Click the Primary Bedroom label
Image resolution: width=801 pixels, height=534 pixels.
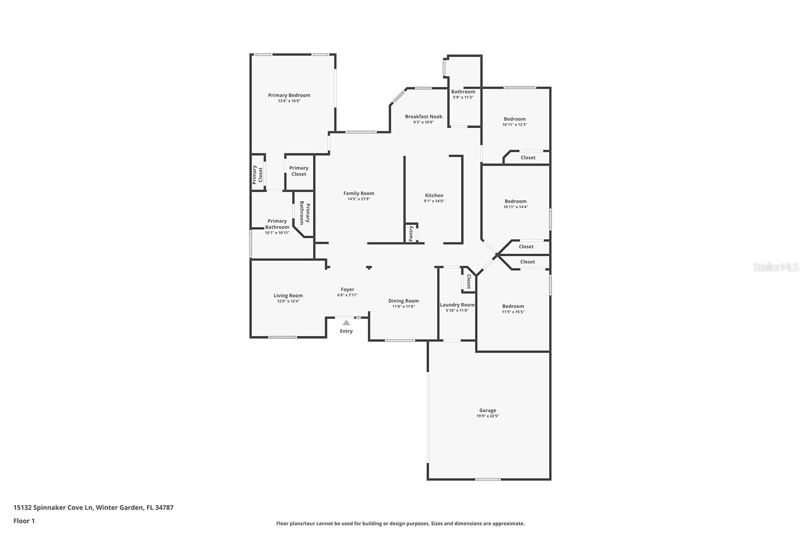pyautogui.click(x=289, y=95)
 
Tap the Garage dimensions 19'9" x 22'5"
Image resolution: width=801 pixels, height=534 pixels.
pyautogui.click(x=488, y=416)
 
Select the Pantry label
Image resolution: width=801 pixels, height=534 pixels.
pyautogui.click(x=411, y=234)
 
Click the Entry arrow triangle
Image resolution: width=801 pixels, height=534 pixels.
pyautogui.click(x=346, y=323)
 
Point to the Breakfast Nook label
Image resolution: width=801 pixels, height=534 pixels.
pyautogui.click(x=424, y=117)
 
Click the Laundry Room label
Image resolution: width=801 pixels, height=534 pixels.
pyautogui.click(x=457, y=305)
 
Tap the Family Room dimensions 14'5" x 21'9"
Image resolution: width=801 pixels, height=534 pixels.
pyautogui.click(x=358, y=199)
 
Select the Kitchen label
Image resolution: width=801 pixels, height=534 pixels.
pyautogui.click(x=434, y=195)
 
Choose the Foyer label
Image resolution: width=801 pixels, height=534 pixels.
pyautogui.click(x=347, y=289)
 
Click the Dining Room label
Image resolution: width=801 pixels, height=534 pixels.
pyautogui.click(x=404, y=301)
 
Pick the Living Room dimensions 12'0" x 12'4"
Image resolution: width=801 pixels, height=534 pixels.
pyautogui.click(x=288, y=301)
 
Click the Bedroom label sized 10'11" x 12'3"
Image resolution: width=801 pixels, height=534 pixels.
pyautogui.click(x=515, y=119)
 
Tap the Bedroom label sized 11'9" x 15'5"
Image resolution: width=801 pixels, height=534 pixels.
pyautogui.click(x=513, y=306)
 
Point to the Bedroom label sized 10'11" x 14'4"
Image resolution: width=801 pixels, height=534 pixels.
pyautogui.click(x=516, y=201)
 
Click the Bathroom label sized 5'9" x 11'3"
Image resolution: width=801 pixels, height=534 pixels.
pyautogui.click(x=463, y=92)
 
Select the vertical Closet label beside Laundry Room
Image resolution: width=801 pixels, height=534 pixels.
pyautogui.click(x=469, y=282)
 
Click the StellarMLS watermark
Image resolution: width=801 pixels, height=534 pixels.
pyautogui.click(x=776, y=267)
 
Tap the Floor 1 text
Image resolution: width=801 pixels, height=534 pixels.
pyautogui.click(x=24, y=520)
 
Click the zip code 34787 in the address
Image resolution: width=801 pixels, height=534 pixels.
pyautogui.click(x=164, y=507)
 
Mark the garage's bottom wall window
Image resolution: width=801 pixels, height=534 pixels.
pyautogui.click(x=488, y=479)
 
